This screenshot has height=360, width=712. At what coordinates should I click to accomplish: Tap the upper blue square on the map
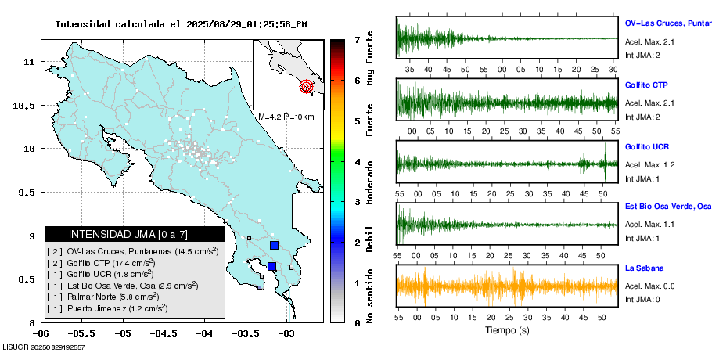click(x=274, y=245)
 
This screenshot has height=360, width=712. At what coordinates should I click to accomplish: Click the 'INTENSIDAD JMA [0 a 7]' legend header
click(x=135, y=234)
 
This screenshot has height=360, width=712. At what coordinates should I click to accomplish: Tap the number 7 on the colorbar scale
click(x=357, y=39)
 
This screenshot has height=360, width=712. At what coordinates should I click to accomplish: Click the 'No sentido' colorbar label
click(x=370, y=297)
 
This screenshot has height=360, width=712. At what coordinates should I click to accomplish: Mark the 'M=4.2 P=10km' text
click(x=286, y=117)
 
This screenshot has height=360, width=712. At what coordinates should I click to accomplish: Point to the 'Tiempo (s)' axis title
click(x=507, y=330)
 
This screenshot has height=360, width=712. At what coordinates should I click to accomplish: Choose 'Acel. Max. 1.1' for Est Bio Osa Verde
click(x=649, y=225)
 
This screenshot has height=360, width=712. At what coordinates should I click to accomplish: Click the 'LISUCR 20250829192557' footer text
click(x=44, y=347)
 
